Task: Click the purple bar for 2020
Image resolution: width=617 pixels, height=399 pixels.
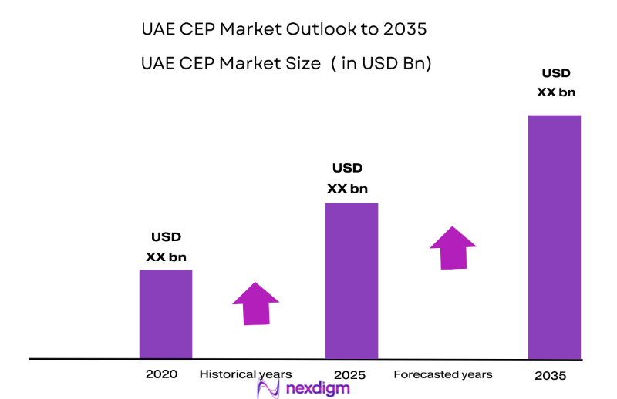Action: pos(165,313)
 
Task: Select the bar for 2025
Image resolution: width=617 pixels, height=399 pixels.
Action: pos(351,280)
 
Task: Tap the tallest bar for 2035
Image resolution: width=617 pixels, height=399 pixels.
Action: pos(554,236)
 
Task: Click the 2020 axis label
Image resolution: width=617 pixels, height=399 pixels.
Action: pos(161,374)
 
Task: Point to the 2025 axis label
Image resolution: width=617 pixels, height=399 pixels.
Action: pos(351,375)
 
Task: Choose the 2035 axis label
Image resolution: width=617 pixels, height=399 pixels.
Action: pos(551,376)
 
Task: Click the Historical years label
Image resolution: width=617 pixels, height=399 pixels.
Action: pos(245,374)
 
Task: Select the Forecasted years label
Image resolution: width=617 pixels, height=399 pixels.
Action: pos(443,374)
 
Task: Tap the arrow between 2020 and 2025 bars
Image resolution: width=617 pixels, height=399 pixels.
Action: pos(255,303)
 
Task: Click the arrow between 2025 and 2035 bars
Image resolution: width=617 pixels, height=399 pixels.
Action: pos(453,246)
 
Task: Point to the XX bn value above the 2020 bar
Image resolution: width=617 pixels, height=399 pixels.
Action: pos(166,256)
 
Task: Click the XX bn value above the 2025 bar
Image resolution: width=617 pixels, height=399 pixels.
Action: pos(347,188)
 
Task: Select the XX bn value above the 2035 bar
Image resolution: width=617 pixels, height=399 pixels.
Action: pos(556,92)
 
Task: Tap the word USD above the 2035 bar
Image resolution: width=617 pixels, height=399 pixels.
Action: pos(556,74)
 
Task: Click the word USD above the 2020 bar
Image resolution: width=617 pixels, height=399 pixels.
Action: pos(166,237)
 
